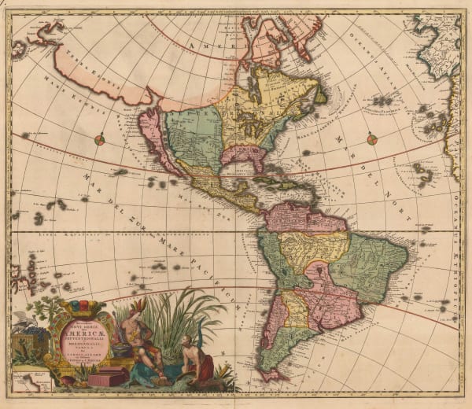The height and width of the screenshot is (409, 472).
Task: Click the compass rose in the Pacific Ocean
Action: point(99,140)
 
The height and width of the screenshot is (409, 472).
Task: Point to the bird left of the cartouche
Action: point(22,319)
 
